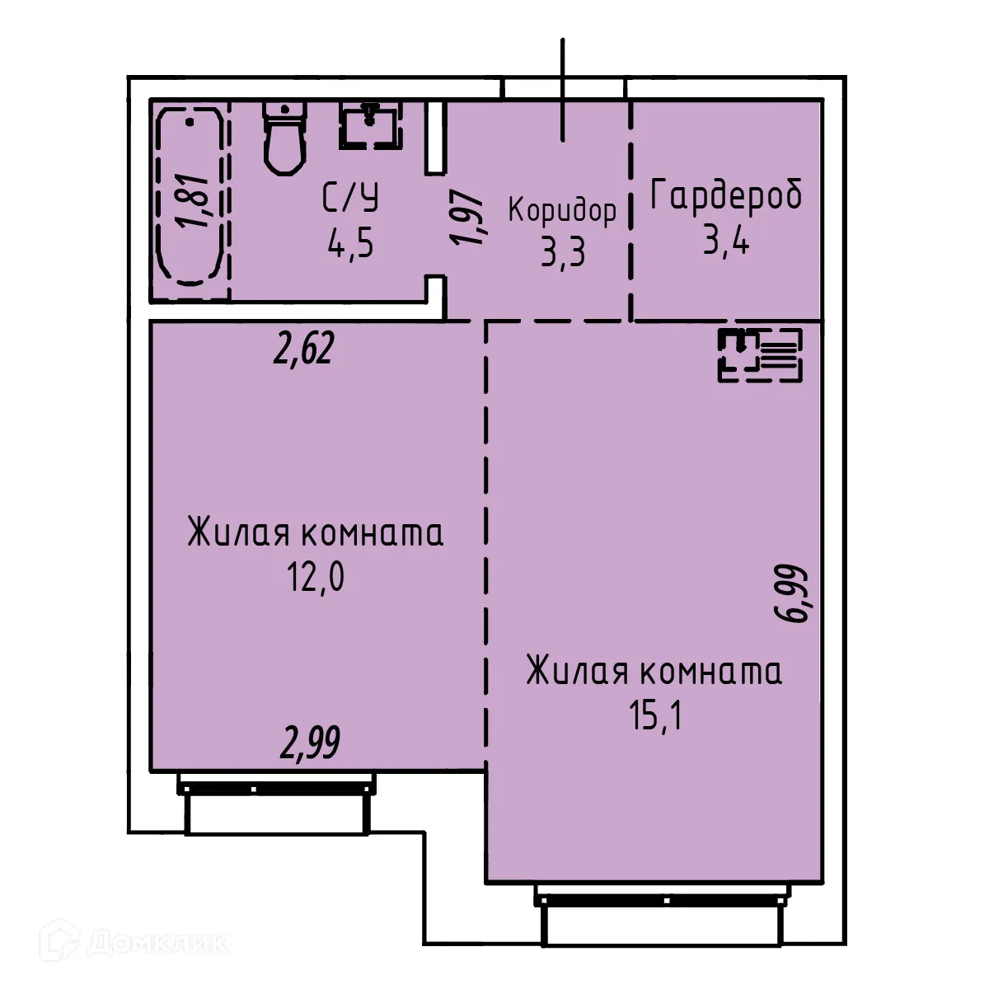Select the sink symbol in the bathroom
[x=370, y=125]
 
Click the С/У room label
[x=350, y=199]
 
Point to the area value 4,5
[x=350, y=244]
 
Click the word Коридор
[x=562, y=211]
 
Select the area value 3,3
[x=563, y=252]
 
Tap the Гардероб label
[x=726, y=197]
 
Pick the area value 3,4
[x=726, y=241]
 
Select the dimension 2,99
[x=310, y=743]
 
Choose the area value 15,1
[x=656, y=716]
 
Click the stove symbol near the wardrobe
[x=758, y=355]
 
